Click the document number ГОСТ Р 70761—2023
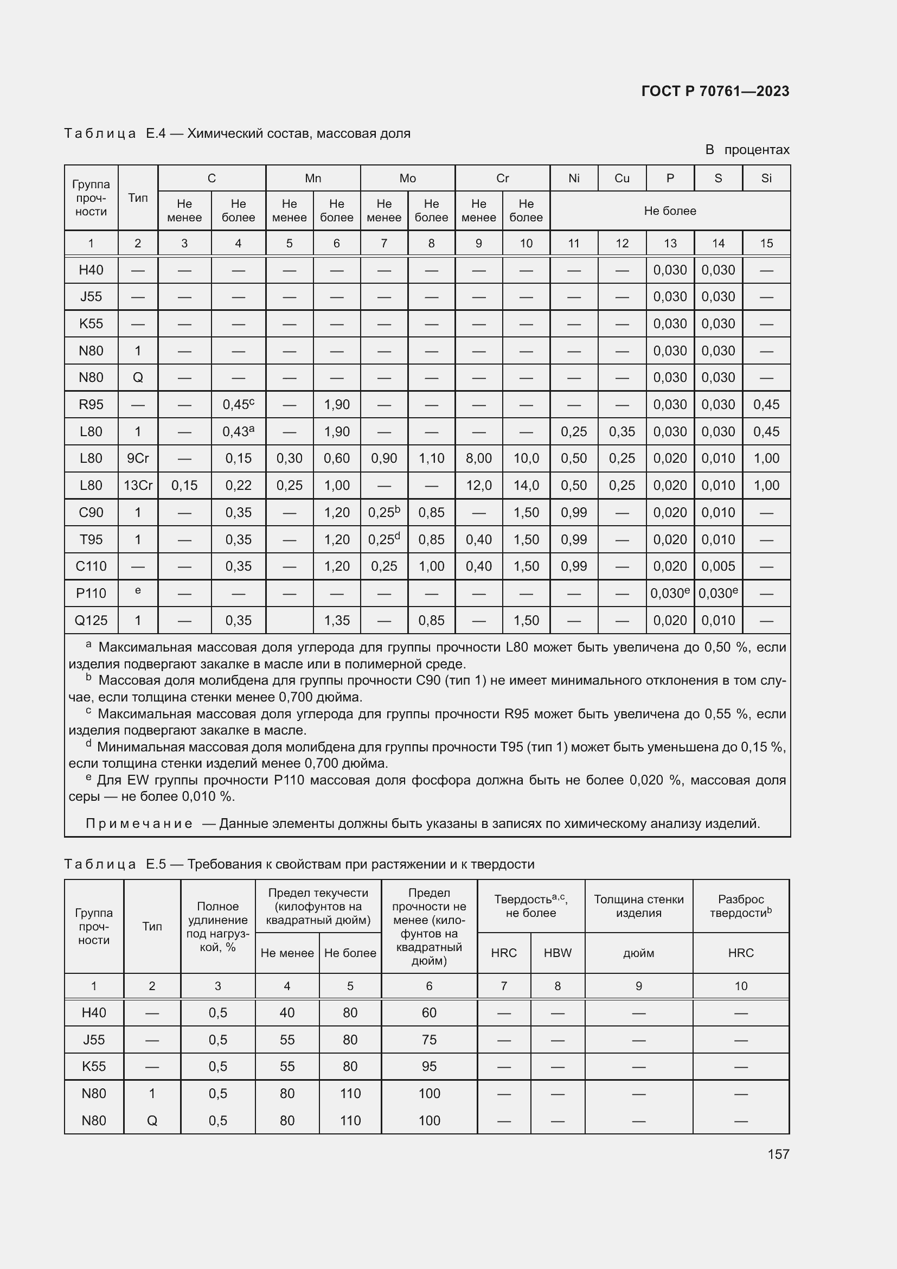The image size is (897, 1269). tap(715, 91)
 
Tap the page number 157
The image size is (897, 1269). tap(778, 1153)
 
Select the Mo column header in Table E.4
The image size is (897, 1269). tap(407, 178)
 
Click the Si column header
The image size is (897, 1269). tap(766, 178)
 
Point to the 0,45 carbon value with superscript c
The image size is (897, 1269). tap(238, 405)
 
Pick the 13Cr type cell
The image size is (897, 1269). tap(138, 485)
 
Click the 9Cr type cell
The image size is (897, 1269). tap(138, 458)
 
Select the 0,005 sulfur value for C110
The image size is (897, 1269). tap(717, 566)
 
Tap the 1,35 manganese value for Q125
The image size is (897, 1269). tap(336, 620)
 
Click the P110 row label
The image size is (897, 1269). tap(91, 593)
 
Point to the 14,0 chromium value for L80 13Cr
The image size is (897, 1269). tap(526, 485)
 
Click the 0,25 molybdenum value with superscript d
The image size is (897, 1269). tap(384, 539)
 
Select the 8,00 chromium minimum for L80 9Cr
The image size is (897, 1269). tap(478, 458)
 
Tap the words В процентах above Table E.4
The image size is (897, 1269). tap(747, 150)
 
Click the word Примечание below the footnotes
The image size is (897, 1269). tap(139, 824)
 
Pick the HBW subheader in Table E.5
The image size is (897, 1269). tap(557, 952)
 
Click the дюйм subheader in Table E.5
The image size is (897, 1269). tap(638, 952)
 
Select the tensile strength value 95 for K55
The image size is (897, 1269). tap(428, 1066)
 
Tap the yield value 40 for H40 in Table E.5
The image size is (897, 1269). tap(287, 1012)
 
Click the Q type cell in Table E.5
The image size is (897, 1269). tap(152, 1120)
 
